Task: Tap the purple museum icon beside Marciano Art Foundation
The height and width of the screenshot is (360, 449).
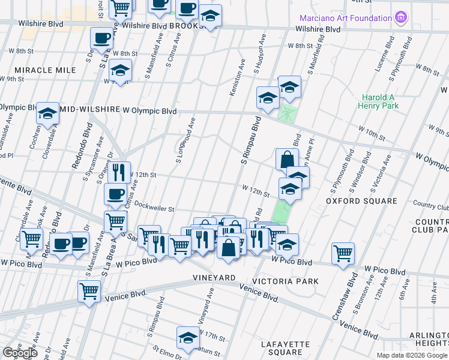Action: coord(402,17)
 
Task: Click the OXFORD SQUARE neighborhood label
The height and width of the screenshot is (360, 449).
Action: coord(361,200)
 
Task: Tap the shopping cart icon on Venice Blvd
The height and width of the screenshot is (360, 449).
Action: coord(89,290)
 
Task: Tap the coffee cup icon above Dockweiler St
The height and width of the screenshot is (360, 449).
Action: coord(115,193)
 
